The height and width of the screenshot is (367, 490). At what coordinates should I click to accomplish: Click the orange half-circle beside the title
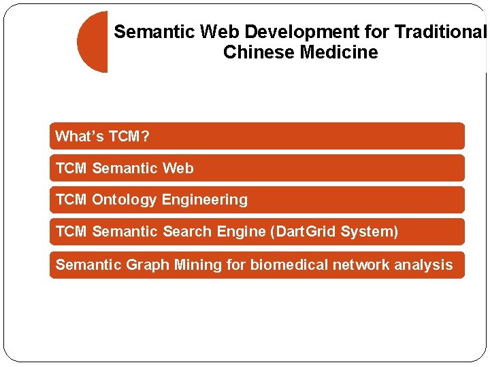[x=93, y=42]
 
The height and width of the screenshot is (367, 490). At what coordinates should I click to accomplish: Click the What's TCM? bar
[x=257, y=136]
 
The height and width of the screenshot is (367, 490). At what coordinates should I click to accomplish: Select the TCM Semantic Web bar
[x=257, y=168]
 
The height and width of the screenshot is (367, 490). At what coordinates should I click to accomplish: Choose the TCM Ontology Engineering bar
[x=257, y=200]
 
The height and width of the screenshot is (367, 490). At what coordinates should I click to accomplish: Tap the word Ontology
[x=125, y=200]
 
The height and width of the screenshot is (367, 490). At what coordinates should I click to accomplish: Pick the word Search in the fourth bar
[x=188, y=232]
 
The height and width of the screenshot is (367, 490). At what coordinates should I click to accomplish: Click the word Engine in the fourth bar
[x=242, y=232]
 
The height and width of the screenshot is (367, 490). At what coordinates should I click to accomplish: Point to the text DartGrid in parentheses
[x=306, y=232]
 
